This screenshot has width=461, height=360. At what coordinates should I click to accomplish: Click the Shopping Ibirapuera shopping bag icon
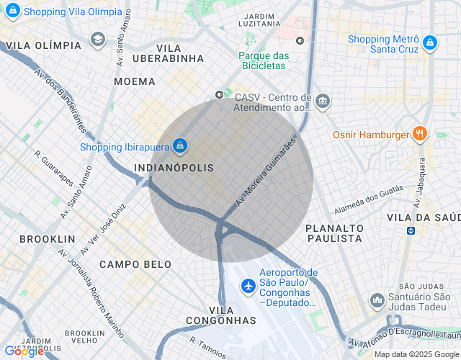[x=180, y=147]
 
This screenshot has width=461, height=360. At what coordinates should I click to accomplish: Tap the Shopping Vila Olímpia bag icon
[x=12, y=12]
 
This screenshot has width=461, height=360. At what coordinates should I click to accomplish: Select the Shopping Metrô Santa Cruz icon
[x=430, y=43]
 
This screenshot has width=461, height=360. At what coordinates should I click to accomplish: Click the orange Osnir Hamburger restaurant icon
[x=420, y=134]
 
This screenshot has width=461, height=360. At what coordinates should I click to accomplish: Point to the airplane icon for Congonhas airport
[x=249, y=286]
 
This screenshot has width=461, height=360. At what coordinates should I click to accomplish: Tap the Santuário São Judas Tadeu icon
[x=377, y=300]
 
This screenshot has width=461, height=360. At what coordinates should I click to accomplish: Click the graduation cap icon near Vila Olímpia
[x=97, y=40]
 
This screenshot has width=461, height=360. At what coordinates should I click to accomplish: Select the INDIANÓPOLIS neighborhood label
[x=174, y=168]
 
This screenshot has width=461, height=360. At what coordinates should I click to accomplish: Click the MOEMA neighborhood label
[x=134, y=81]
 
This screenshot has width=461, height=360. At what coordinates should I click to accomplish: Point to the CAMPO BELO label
[x=135, y=264]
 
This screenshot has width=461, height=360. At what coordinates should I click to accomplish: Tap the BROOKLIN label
[x=48, y=238]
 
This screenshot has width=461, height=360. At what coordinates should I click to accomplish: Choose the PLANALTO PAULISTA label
[x=334, y=233]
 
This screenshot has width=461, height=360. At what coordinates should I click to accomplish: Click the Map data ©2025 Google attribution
[x=416, y=354]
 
